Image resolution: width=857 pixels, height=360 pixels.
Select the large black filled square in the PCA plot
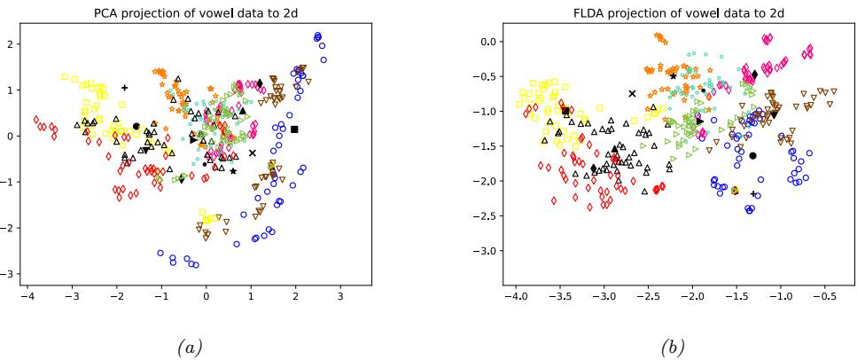(x=295, y=129)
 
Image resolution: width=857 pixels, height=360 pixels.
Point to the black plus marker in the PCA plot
(x=125, y=88)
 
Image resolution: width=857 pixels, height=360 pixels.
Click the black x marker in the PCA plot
(x=253, y=153)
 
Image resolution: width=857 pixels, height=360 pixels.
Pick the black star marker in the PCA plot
(x=233, y=170)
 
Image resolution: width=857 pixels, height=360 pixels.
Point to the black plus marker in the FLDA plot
(x=753, y=193)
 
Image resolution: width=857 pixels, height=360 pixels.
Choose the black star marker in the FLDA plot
(x=674, y=76)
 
